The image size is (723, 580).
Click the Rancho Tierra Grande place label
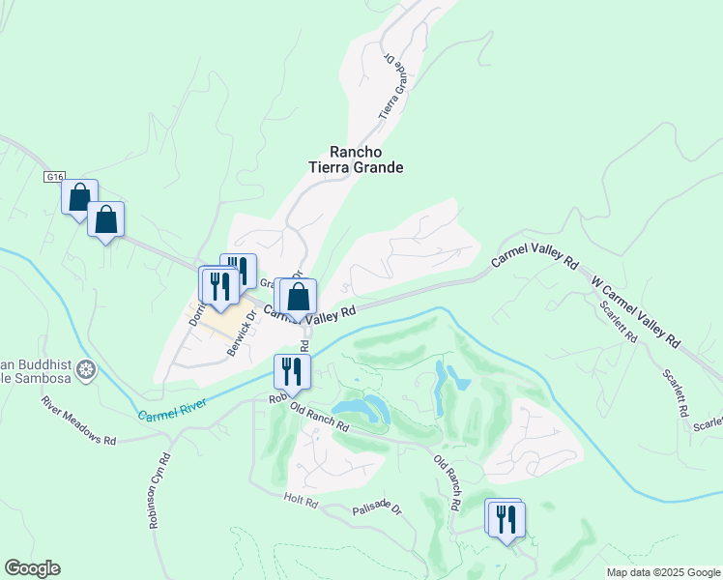click(x=355, y=159)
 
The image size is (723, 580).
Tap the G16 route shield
click(x=54, y=177)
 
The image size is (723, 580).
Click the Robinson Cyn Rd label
click(x=159, y=491)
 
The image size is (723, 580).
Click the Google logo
click(x=32, y=568)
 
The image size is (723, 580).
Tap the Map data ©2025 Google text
click(x=662, y=571)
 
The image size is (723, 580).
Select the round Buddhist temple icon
click(x=87, y=369)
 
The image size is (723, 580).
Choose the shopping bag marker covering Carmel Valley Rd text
click(x=299, y=297)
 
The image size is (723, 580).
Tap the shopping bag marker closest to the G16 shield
click(x=80, y=195)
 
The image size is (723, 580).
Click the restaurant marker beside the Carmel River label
click(x=290, y=370)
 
